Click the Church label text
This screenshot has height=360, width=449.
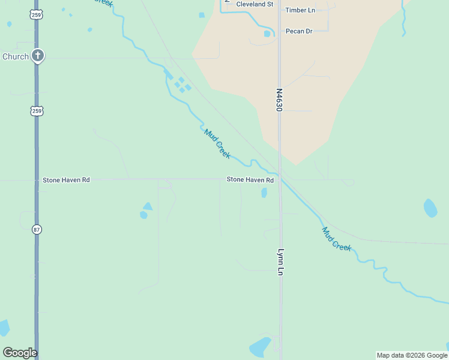(16, 56)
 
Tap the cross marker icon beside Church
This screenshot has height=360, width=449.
(38, 56)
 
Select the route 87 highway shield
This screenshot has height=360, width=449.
(37, 229)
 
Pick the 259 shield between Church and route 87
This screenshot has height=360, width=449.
(37, 111)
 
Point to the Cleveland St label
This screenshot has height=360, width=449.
(255, 4)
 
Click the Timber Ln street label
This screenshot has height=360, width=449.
(300, 10)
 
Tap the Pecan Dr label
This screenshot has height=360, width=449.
(299, 31)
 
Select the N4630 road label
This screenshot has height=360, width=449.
(279, 100)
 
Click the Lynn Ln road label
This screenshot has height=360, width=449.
(280, 262)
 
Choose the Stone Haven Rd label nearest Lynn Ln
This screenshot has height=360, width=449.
(250, 180)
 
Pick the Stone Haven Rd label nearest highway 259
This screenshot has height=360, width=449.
(66, 180)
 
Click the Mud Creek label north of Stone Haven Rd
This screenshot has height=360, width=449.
(217, 144)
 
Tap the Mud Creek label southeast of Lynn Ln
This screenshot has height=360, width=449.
(336, 239)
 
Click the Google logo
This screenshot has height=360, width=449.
(20, 353)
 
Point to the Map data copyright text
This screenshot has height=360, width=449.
(412, 355)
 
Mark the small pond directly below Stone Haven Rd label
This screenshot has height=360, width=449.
(264, 193)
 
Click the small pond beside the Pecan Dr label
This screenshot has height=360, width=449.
(267, 34)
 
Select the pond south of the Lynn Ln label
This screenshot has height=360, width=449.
(261, 347)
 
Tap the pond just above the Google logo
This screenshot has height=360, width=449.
(4, 328)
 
